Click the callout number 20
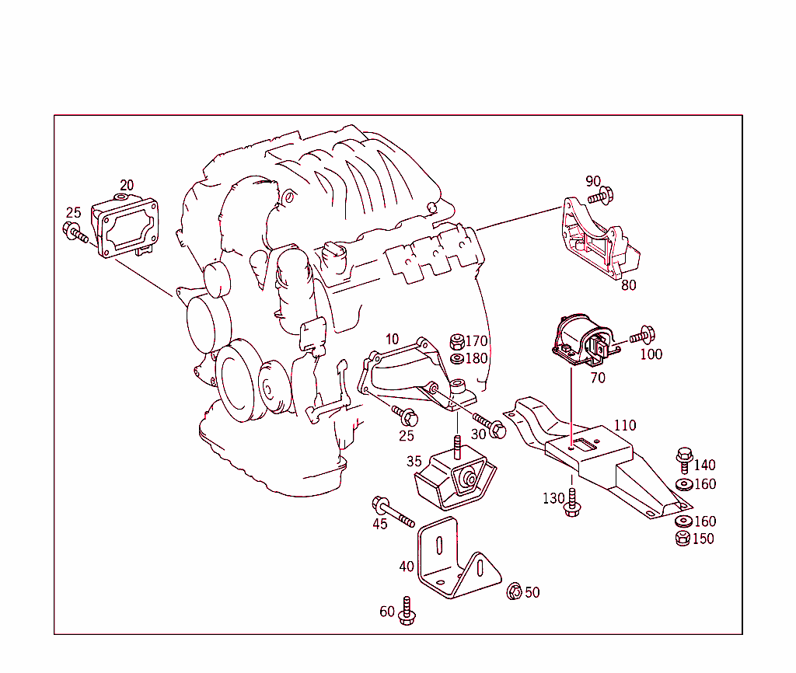tap(127, 185)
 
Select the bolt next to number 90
tap(602, 195)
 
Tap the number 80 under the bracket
tap(628, 285)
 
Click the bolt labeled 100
tap(642, 336)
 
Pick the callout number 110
tap(624, 425)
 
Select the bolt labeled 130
tap(573, 502)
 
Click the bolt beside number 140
tap(684, 459)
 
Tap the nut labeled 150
tap(683, 539)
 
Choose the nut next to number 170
tap(458, 341)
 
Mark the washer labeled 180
tap(458, 358)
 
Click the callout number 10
tap(392, 339)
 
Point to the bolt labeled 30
tap(489, 425)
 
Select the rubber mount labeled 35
tap(456, 480)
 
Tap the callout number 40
tap(407, 567)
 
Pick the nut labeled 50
tap(514, 592)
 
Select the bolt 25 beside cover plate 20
tap(75, 232)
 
